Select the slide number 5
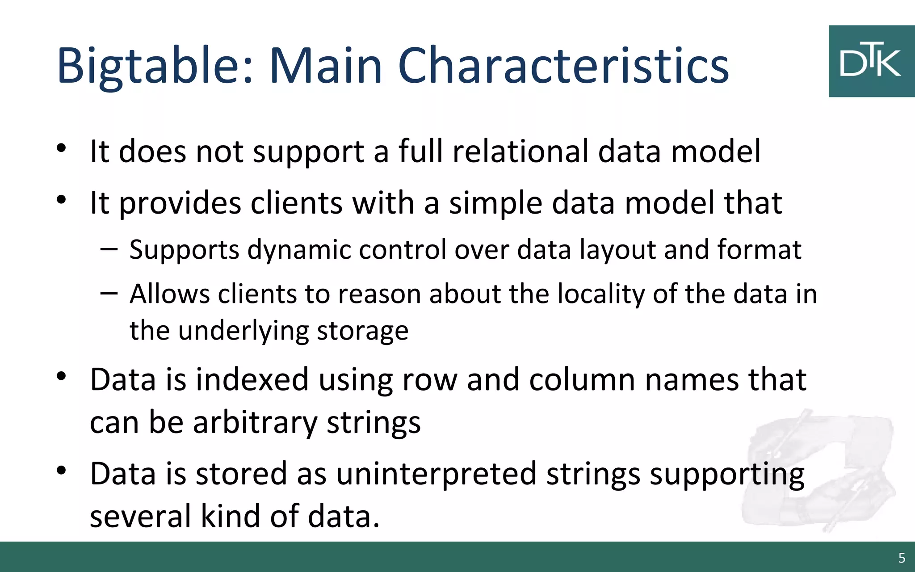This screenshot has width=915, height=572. [902, 558]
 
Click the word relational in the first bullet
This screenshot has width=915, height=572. [520, 151]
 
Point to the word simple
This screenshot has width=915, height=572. [495, 203]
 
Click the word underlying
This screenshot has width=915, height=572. [243, 331]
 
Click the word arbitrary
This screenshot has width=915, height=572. [255, 422]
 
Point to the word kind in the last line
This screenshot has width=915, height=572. [230, 516]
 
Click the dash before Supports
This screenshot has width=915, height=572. [109, 248]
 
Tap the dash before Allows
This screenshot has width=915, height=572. [109, 294]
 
